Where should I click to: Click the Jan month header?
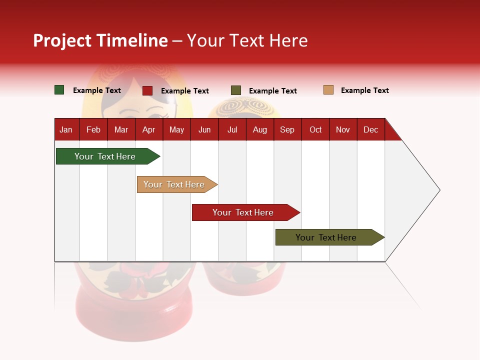(66, 129)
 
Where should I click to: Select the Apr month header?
(148, 129)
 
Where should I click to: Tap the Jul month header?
(232, 129)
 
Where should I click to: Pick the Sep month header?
(287, 129)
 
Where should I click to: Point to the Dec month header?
(370, 129)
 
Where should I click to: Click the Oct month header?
(315, 129)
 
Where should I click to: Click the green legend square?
(59, 90)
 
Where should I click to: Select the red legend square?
(147, 90)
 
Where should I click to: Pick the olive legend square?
(236, 90)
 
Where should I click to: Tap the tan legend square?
(328, 90)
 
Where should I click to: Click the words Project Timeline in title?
(100, 40)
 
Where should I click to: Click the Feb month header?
(93, 129)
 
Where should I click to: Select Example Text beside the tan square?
(364, 90)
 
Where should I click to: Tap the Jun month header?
(204, 129)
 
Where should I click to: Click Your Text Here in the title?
(247, 40)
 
